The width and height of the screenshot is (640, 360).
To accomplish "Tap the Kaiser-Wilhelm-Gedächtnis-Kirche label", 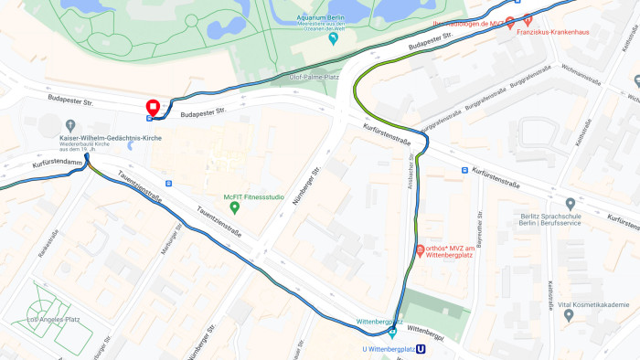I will pyautogui.click(x=111, y=138).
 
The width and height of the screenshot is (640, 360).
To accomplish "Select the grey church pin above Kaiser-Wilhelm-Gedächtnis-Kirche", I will pyautogui.click(x=70, y=125).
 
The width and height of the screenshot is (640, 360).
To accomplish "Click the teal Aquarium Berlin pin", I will pyautogui.click(x=333, y=37).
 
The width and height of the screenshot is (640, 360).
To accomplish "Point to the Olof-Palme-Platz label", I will pyautogui.click(x=314, y=78).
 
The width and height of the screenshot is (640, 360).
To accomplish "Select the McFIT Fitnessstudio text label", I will pyautogui.click(x=254, y=196).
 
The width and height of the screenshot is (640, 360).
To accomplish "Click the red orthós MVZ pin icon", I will pyautogui.click(x=420, y=249).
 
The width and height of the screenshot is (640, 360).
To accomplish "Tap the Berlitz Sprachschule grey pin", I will pyautogui.click(x=571, y=204).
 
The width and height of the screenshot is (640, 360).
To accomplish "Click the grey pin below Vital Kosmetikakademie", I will pyautogui.click(x=569, y=315).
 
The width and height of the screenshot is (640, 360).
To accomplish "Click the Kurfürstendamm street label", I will pyautogui.click(x=58, y=163).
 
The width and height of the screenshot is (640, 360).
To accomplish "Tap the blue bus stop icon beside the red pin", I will pyautogui.click(x=150, y=117).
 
